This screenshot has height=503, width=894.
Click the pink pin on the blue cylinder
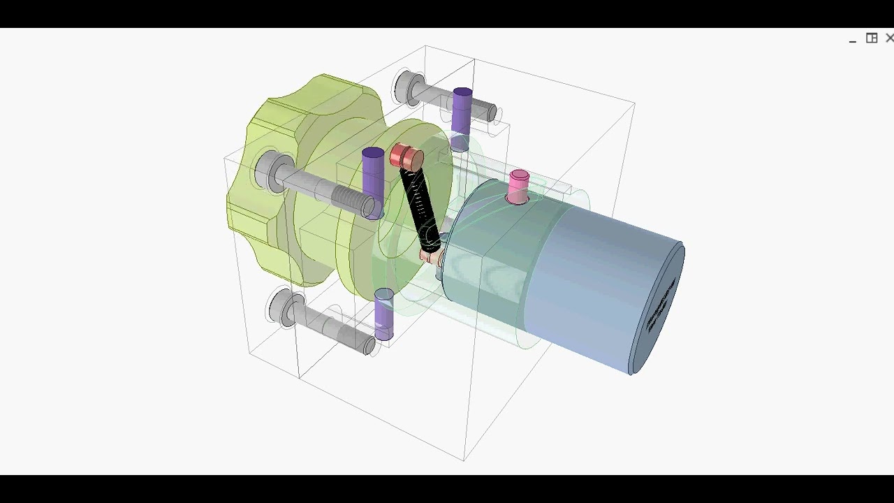tap(518, 186)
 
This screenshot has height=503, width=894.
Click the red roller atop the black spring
tap(406, 156)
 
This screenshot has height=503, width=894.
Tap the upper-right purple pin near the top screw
tap(462, 112)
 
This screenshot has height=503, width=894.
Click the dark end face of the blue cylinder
tap(657, 307)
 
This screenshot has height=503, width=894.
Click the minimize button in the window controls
tap(852, 40)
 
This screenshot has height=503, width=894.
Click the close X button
tap(889, 38)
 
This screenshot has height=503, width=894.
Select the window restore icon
tap(872, 38)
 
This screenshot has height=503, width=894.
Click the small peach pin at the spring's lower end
tap(430, 257)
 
